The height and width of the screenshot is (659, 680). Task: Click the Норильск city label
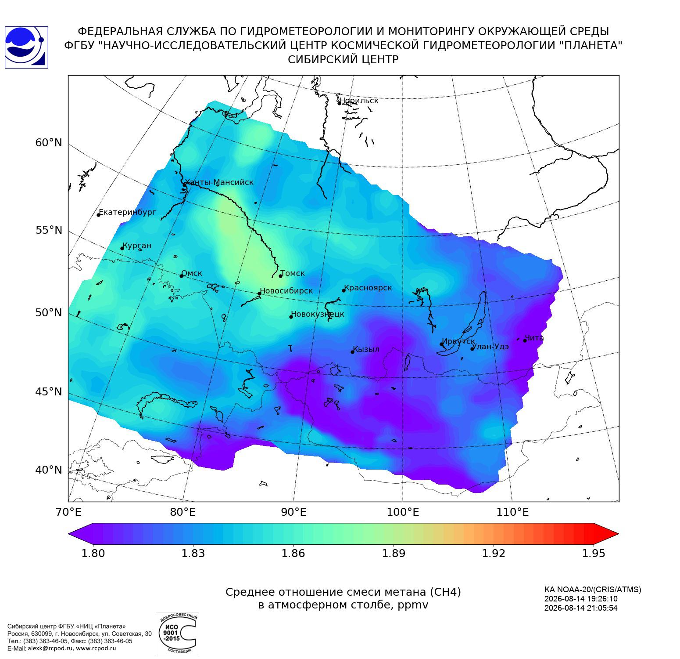359,101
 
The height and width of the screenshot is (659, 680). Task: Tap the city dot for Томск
280,276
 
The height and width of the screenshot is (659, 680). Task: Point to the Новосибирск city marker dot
259,293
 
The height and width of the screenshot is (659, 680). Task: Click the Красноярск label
368,288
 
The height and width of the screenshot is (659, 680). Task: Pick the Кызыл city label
366,349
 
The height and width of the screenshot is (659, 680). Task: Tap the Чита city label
534,338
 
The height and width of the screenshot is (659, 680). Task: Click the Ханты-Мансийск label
219,182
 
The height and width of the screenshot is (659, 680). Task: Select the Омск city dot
181,276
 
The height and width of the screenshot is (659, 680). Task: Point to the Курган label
136,246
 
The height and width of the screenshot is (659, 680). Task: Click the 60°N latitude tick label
49,143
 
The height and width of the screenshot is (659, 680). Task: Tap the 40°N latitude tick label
49,470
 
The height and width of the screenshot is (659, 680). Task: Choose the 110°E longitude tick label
512,512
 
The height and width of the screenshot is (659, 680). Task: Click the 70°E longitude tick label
68,512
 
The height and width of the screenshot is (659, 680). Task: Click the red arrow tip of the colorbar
618,534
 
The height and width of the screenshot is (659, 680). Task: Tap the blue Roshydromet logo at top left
26,47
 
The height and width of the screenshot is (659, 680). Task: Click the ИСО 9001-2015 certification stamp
178,633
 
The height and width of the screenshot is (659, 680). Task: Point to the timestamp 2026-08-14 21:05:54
581,608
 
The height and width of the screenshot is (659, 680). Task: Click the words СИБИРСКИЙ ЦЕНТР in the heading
344,59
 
